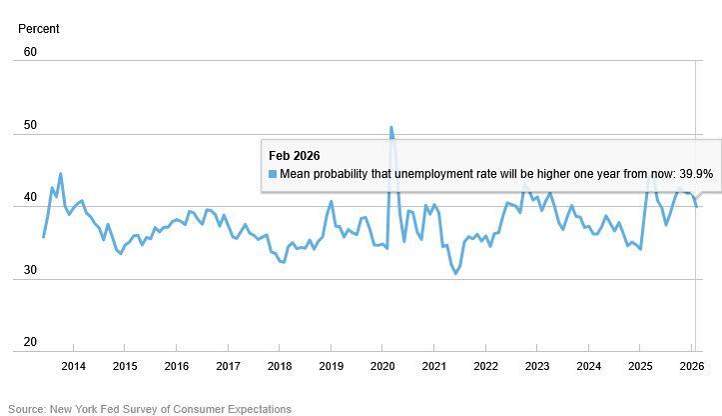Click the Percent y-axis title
39,29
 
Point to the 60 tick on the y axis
30,52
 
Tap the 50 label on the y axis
30,125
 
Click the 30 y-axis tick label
30,270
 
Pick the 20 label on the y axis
30,342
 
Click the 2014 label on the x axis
73,366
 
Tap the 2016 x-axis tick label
176,366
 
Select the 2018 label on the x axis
279,366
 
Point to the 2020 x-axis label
382,366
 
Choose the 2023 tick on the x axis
537,366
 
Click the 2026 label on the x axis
692,366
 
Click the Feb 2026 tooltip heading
295,155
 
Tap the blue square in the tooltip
273,174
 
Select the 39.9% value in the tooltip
695,174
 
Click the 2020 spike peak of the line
390,127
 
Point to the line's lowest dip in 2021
456,274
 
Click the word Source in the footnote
27,409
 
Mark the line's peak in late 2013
60,174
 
